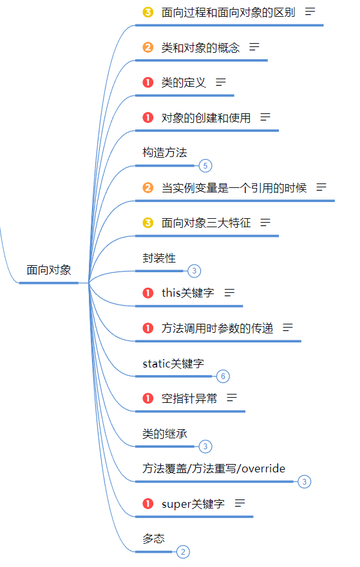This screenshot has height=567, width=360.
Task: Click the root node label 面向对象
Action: click(x=49, y=270)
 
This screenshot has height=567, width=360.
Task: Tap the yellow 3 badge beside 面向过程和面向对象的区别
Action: click(x=147, y=12)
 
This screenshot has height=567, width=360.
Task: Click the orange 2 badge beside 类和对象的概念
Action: click(x=147, y=47)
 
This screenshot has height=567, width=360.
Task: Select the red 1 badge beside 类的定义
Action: click(x=147, y=82)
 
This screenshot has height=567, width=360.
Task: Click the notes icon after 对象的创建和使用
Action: click(x=265, y=117)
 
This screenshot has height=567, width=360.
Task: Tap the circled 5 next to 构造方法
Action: click(x=205, y=166)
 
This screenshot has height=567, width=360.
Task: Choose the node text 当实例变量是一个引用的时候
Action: click(x=234, y=188)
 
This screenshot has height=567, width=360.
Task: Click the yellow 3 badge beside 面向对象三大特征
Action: click(x=147, y=223)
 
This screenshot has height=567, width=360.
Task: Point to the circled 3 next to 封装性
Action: click(x=194, y=271)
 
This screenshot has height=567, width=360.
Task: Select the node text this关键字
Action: click(x=188, y=293)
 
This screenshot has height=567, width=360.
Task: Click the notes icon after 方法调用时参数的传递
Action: click(x=288, y=328)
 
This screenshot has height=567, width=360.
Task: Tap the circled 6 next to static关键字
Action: click(x=223, y=376)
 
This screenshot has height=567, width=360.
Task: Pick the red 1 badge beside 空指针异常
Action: click(x=147, y=398)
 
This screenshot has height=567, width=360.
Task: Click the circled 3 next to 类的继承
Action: click(x=205, y=447)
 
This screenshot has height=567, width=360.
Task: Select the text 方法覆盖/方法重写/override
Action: click(x=214, y=469)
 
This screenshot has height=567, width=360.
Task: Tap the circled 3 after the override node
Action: click(x=304, y=481)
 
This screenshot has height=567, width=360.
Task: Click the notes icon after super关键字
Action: click(x=240, y=503)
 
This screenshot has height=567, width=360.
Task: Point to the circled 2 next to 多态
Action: click(x=183, y=552)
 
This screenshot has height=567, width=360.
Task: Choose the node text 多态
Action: click(x=154, y=539)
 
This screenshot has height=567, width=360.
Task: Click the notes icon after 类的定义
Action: click(x=221, y=82)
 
